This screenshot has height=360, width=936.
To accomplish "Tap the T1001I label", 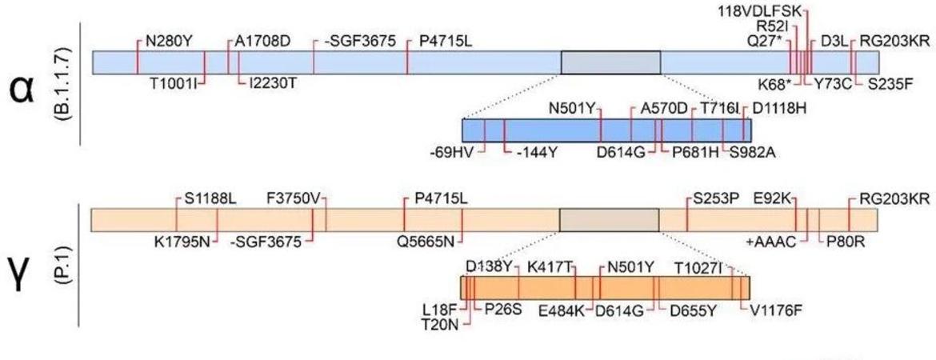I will click(x=170, y=82).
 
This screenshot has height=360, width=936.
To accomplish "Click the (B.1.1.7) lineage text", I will click(x=68, y=83).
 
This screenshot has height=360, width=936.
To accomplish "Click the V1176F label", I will click(x=776, y=310).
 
